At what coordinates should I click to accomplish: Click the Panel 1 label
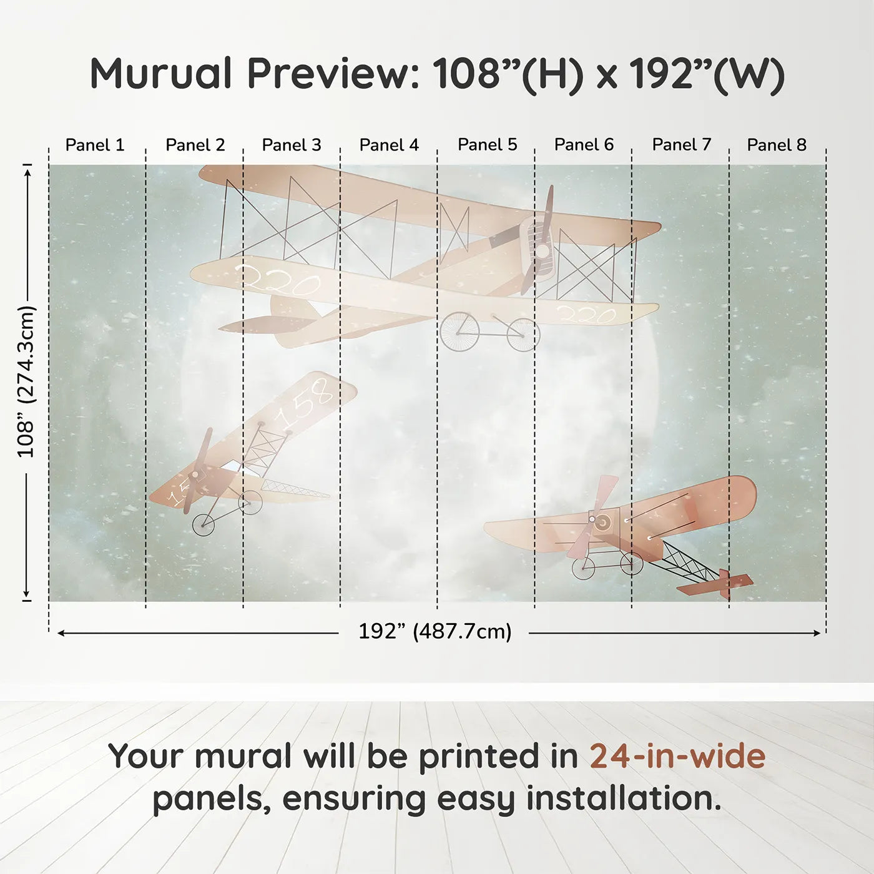point(95,145)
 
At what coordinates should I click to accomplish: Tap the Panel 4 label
point(389,145)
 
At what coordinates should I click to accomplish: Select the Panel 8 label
point(777,145)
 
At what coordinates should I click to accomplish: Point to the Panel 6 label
point(584,145)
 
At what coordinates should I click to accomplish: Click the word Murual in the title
point(161,74)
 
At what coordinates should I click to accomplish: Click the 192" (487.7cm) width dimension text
point(435,631)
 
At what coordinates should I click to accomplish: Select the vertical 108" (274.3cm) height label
point(26,381)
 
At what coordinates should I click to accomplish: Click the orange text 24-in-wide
point(677,756)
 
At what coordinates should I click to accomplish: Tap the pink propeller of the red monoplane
point(592,517)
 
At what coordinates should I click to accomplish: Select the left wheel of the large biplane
point(459,331)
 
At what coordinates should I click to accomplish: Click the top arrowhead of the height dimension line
point(27,171)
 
